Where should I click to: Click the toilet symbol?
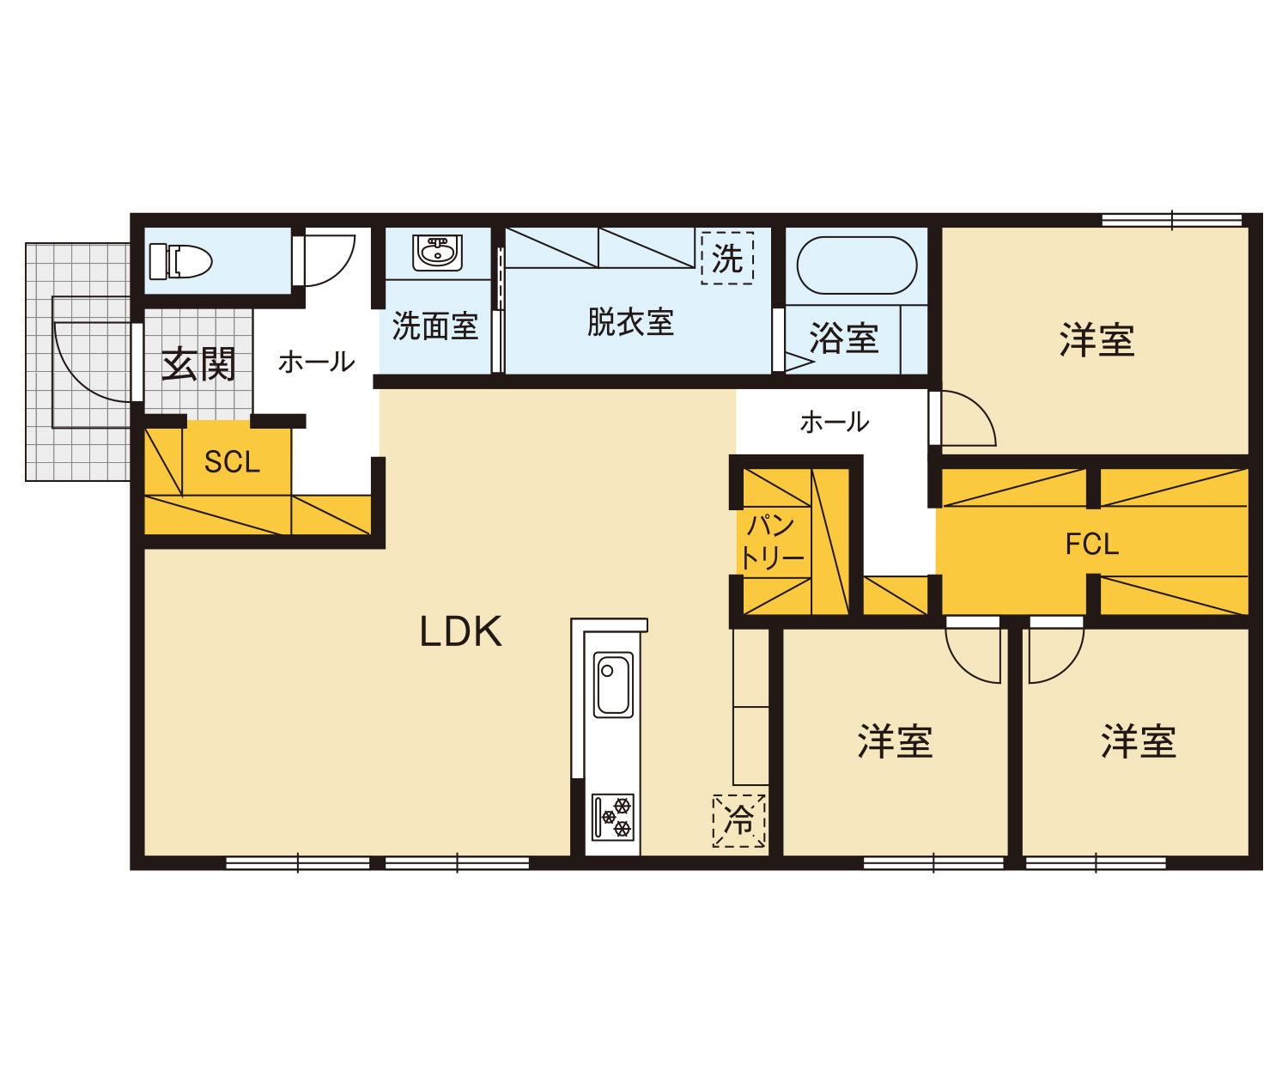click(180, 261)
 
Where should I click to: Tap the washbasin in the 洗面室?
click(437, 253)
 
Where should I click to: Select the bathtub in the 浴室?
click(857, 265)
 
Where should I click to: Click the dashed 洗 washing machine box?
click(727, 258)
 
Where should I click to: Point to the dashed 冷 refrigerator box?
click(739, 821)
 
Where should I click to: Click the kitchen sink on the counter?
click(613, 685)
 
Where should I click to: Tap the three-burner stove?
click(613, 817)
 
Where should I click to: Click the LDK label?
click(461, 631)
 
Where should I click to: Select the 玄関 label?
click(198, 364)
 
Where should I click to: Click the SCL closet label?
click(232, 462)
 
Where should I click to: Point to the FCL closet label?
click(1092, 545)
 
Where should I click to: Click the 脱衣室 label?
click(630, 322)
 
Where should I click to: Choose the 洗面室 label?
click(435, 326)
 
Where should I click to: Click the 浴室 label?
click(844, 338)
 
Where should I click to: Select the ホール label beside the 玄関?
click(317, 362)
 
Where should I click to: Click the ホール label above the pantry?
click(835, 423)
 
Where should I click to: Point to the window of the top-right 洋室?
click(1171, 221)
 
